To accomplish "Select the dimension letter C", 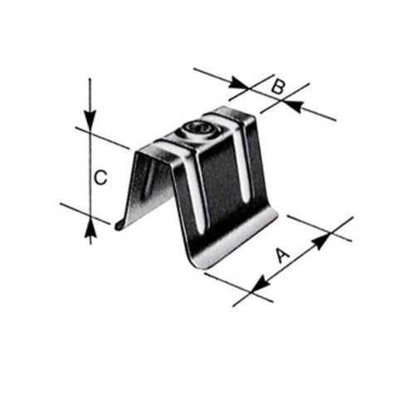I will (100, 177).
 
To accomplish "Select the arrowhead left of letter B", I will (242, 83).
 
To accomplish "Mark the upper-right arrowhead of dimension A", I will (321, 238).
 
